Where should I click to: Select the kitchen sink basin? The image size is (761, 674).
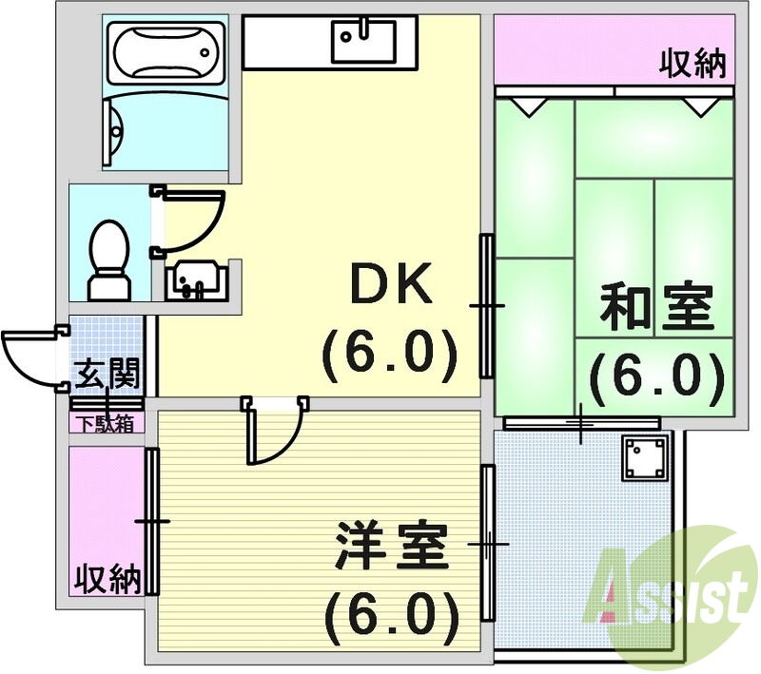tap(362, 41)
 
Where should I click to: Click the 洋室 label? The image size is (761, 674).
tap(390, 548)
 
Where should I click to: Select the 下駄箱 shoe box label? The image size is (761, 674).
tap(107, 423)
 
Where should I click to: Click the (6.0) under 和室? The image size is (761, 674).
tap(656, 376)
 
